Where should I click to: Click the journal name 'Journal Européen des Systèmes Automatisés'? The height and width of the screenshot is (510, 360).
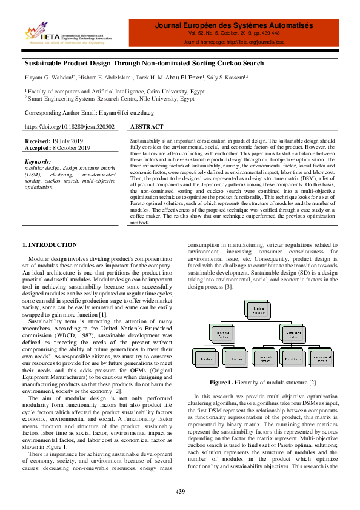234,26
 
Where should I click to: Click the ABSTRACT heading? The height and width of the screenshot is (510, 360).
147,127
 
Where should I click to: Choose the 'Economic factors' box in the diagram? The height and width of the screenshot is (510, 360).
263,359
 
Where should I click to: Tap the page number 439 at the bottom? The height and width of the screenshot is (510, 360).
180,491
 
